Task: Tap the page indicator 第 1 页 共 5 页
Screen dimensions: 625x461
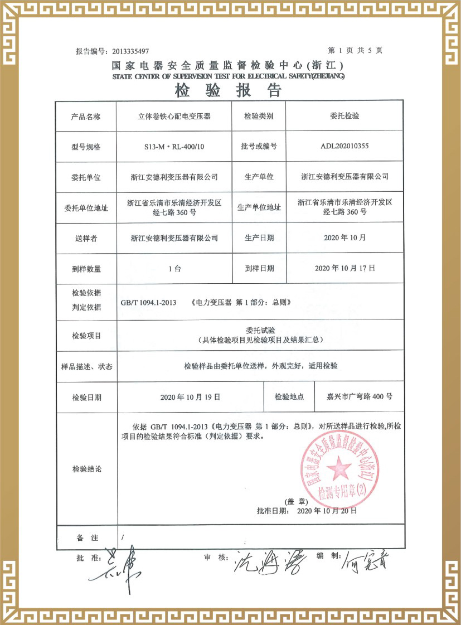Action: [x=355, y=50]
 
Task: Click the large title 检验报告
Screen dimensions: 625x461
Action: [x=229, y=90]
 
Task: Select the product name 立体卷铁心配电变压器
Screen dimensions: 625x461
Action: [x=173, y=117]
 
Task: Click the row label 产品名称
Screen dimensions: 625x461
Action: [x=86, y=117]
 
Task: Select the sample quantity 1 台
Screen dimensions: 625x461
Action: [x=174, y=268]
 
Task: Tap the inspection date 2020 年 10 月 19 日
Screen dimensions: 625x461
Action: [x=190, y=397]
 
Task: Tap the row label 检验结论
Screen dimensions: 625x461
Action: [x=86, y=469]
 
